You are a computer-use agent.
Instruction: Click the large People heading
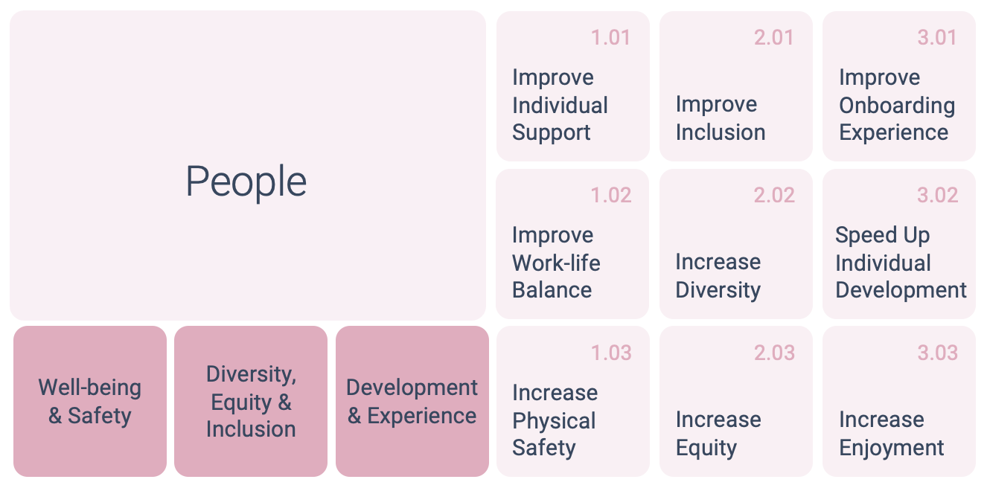tap(246, 182)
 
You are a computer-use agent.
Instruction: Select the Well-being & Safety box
tap(90, 401)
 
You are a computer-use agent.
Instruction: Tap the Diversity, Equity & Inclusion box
tap(251, 401)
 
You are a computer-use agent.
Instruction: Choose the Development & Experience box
tap(412, 401)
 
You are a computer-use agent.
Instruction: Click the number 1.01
tap(610, 37)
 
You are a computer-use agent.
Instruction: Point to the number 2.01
tap(773, 37)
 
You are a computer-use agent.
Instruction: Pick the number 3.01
tap(937, 37)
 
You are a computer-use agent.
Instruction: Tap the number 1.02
tap(610, 195)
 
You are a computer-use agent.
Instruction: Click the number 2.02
tap(774, 195)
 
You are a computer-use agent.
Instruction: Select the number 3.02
tap(938, 195)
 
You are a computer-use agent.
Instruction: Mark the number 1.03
tap(610, 353)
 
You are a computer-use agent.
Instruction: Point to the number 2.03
tap(774, 353)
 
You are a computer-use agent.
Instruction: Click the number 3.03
tap(938, 353)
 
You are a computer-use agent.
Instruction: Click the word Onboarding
tap(897, 106)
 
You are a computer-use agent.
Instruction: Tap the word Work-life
tap(556, 263)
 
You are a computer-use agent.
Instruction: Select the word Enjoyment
tap(892, 449)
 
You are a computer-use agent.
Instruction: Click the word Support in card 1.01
tap(552, 133)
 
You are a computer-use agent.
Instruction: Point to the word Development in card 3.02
tap(901, 291)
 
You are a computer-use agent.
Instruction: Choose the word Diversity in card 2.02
tap(718, 291)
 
